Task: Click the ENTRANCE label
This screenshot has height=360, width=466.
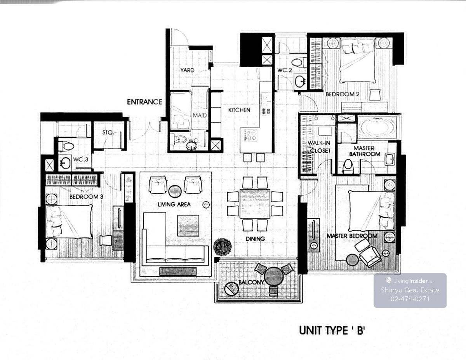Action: tap(144, 102)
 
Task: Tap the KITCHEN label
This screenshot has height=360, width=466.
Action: tap(239, 110)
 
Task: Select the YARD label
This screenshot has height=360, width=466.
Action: tap(187, 70)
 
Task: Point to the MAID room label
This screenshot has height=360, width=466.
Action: tap(200, 115)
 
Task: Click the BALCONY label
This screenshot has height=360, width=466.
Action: tap(251, 282)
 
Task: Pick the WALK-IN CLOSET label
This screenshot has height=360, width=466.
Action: tap(319, 147)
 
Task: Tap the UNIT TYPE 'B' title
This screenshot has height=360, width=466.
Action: tap(332, 330)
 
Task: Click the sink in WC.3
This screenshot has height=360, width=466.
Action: tap(65, 163)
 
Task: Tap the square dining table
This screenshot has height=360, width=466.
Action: tap(255, 203)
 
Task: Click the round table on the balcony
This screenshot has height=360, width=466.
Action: tap(274, 277)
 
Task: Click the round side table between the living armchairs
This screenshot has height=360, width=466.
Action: tap(175, 191)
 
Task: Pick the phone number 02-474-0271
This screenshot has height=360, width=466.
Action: tap(410, 299)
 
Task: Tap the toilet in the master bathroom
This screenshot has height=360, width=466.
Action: tap(348, 166)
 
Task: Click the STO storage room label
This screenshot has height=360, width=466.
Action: tap(108, 132)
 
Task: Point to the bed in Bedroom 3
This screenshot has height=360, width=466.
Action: tap(69, 222)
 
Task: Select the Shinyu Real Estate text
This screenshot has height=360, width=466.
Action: tap(410, 290)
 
